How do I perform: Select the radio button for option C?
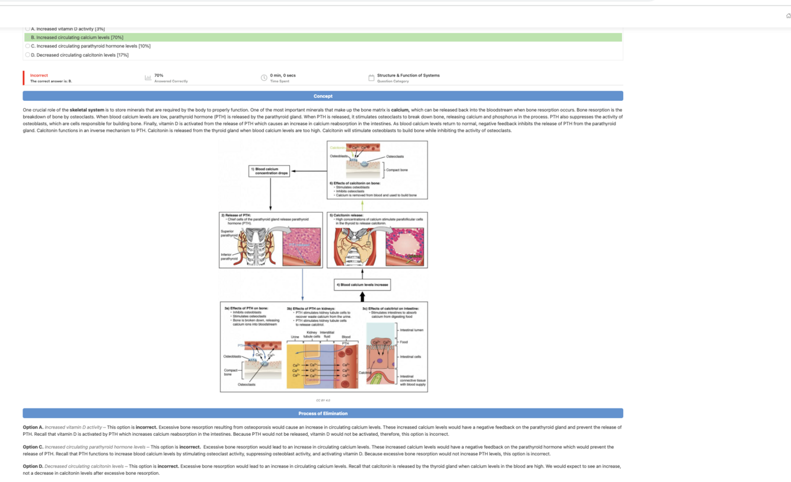click(x=28, y=46)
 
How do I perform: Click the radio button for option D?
click(x=28, y=55)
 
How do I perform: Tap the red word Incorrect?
click(x=39, y=75)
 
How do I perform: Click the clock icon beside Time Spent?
click(x=264, y=78)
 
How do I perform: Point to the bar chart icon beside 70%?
click(x=148, y=78)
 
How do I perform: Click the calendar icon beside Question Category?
click(x=371, y=78)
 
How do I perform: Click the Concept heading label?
click(x=323, y=96)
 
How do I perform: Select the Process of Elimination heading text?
click(x=323, y=413)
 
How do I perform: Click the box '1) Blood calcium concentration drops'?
click(x=269, y=171)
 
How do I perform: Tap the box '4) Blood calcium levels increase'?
click(x=362, y=285)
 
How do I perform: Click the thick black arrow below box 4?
click(x=362, y=296)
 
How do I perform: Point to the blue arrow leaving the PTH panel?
click(x=302, y=285)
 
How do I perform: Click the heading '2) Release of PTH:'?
click(x=236, y=215)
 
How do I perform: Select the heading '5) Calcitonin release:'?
click(x=347, y=215)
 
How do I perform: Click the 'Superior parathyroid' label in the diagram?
click(x=228, y=233)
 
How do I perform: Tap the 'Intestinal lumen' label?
click(x=412, y=330)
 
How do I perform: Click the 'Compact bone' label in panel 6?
click(x=397, y=170)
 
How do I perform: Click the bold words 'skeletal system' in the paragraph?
click(x=87, y=110)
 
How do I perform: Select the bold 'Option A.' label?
click(x=33, y=427)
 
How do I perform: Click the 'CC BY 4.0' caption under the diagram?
click(x=323, y=400)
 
